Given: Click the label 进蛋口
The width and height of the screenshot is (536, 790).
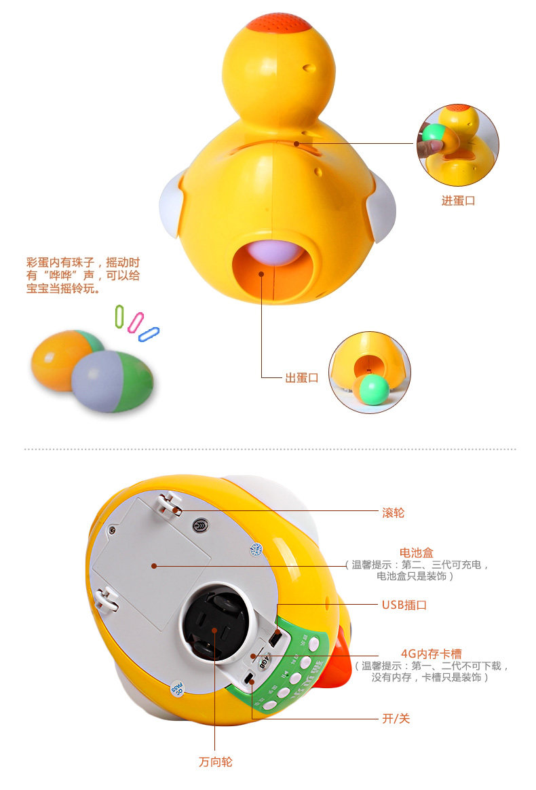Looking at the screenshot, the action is pos(459,200).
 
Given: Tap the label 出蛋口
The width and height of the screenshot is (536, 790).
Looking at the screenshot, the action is pos(302,378).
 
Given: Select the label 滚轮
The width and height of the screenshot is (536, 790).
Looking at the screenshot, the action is pos(393,513).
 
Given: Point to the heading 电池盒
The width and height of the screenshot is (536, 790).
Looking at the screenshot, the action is pos(416,552).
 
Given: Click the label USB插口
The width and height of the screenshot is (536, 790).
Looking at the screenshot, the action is pos(404,605).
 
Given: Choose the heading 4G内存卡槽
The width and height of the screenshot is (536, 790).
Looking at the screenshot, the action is pos(432,654).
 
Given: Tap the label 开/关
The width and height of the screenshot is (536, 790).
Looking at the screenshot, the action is pos(396,719).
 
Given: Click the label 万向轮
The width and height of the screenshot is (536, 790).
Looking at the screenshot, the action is pos(216,761).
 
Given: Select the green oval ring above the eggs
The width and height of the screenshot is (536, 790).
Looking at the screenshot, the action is pos(119,316).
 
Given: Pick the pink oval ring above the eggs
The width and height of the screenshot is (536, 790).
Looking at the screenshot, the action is pos(136,322).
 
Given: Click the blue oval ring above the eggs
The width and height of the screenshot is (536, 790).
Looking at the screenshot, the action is pos(149,334).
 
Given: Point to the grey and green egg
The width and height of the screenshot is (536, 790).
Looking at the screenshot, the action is pos(112,381).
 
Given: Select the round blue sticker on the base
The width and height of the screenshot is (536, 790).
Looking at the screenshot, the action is pos(256,549).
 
